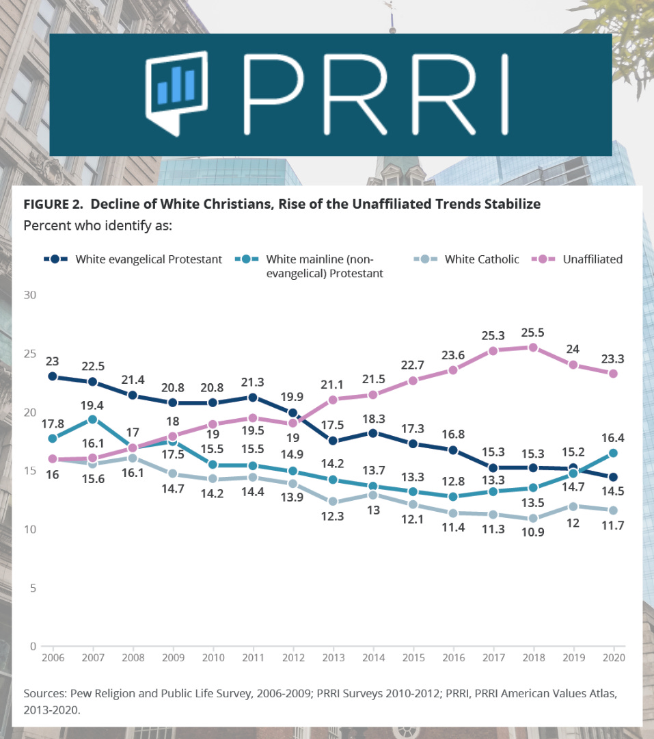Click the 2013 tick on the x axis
coord(333,657)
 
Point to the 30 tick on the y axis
coord(30,295)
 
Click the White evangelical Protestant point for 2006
coord(52,376)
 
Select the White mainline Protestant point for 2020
coord(613,453)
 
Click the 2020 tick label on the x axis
coord(613,657)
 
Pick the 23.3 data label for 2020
coord(613,358)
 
